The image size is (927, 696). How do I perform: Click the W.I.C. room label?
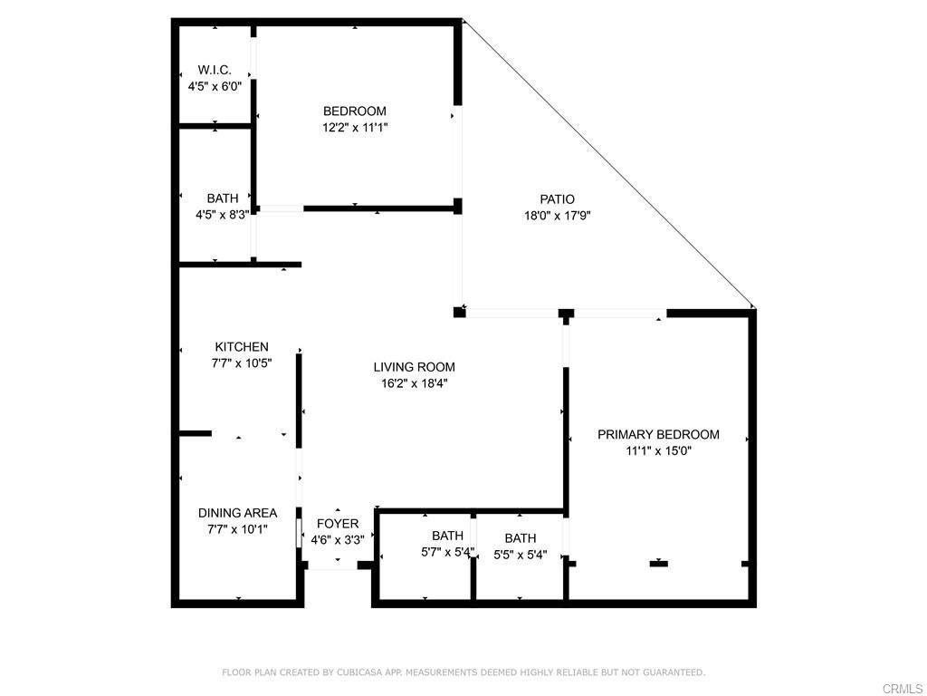click(215, 70)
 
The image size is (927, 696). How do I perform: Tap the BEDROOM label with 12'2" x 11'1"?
click(355, 111)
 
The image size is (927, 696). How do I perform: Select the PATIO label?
click(558, 199)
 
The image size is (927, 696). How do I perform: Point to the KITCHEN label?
click(242, 347)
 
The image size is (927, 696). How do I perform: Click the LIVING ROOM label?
click(415, 367)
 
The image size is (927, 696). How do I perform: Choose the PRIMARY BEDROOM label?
click(658, 434)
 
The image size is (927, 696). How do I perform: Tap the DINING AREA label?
click(238, 513)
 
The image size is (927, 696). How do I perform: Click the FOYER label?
click(338, 524)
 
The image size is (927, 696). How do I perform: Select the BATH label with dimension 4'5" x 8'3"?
click(223, 198)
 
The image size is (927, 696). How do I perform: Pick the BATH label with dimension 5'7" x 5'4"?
click(447, 536)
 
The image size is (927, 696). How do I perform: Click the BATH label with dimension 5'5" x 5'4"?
click(521, 538)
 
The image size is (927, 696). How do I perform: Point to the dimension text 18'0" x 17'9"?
click(558, 216)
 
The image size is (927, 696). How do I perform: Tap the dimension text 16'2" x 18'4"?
click(415, 383)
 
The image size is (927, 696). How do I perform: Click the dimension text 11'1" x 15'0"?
click(658, 450)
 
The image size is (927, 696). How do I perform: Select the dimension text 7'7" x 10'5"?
click(242, 362)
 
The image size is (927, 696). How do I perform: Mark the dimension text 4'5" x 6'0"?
click(215, 87)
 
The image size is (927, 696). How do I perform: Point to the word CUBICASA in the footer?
click(360, 672)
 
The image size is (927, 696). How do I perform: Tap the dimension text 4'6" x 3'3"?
click(338, 540)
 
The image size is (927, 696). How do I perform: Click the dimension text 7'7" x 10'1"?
click(238, 529)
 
